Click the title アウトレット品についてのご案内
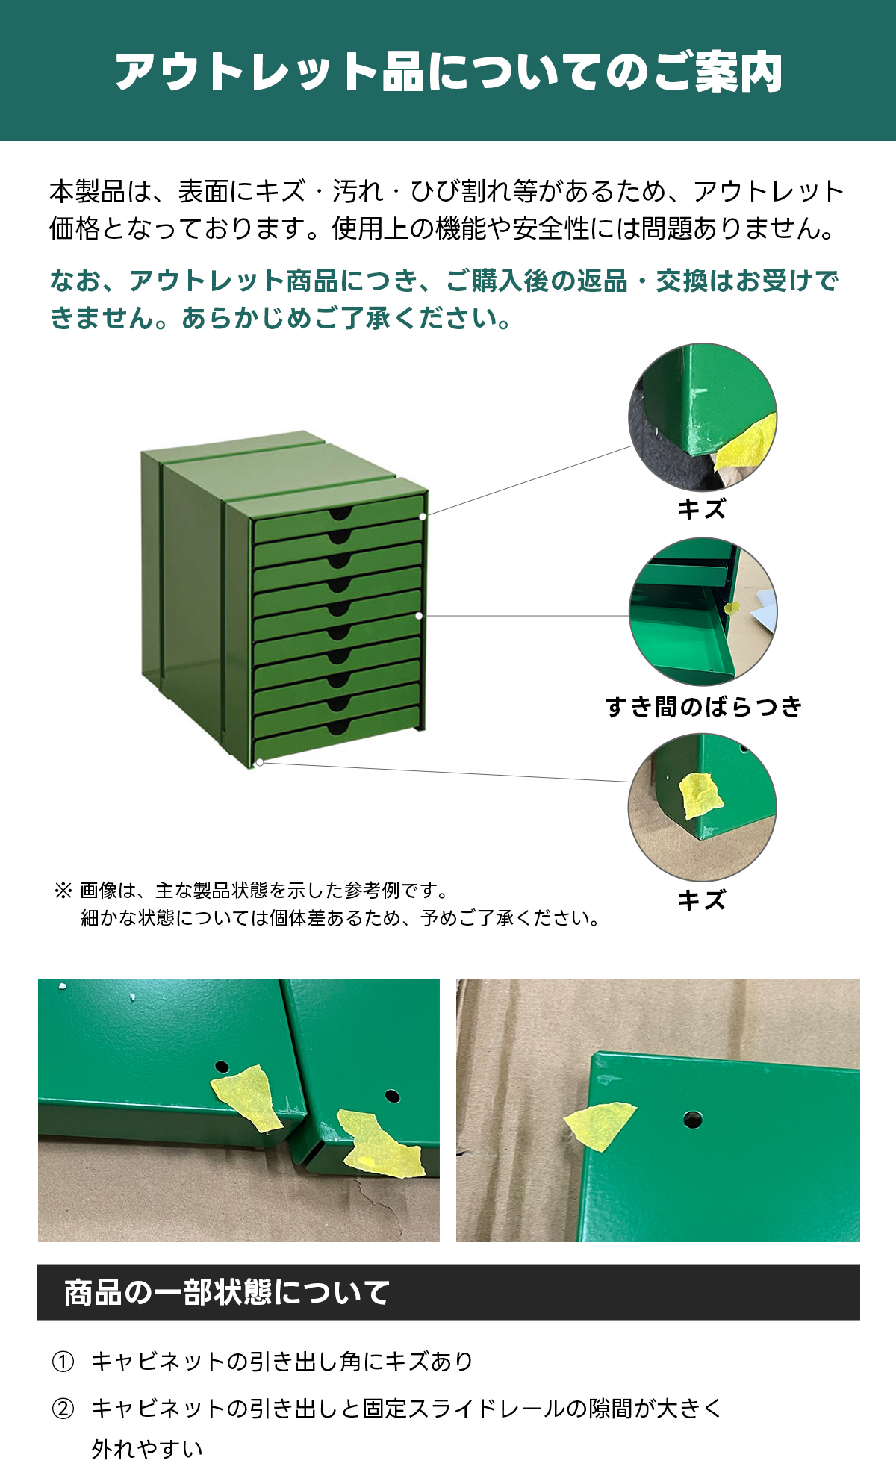click(448, 72)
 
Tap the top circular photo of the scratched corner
click(703, 417)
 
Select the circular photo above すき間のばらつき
click(703, 612)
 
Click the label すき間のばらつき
click(703, 706)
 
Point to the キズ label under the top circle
click(702, 509)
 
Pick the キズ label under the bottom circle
click(702, 900)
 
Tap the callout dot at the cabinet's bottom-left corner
click(260, 762)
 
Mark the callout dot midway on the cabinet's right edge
click(419, 616)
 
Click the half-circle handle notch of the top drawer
click(340, 513)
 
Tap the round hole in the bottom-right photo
click(692, 1119)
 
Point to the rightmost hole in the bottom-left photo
click(392, 1097)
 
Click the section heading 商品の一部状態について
click(227, 1292)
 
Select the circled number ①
click(63, 1362)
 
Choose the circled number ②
click(63, 1409)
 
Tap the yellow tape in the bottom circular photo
click(700, 796)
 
